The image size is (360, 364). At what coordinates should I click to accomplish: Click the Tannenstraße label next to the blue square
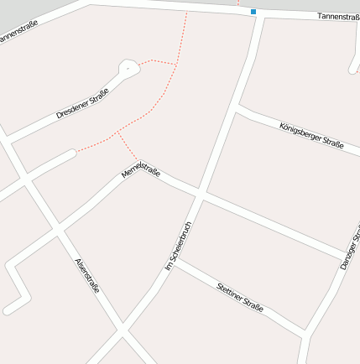pyautogui.click(x=337, y=17)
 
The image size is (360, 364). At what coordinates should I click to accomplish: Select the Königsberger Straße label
pyautogui.click(x=310, y=135)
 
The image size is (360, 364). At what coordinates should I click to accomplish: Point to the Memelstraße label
pyautogui.click(x=140, y=168)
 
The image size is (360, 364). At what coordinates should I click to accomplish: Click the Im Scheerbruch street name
pyautogui.click(x=180, y=246)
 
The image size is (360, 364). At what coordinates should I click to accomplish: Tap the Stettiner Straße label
pyautogui.click(x=239, y=296)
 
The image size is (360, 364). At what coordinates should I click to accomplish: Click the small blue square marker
pyautogui.click(x=253, y=12)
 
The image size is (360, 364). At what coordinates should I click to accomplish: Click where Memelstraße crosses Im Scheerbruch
pyautogui.click(x=200, y=195)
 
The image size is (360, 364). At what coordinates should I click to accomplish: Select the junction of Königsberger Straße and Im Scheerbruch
pyautogui.click(x=238, y=107)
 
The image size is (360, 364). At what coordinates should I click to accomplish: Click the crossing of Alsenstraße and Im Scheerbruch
pyautogui.click(x=123, y=330)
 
